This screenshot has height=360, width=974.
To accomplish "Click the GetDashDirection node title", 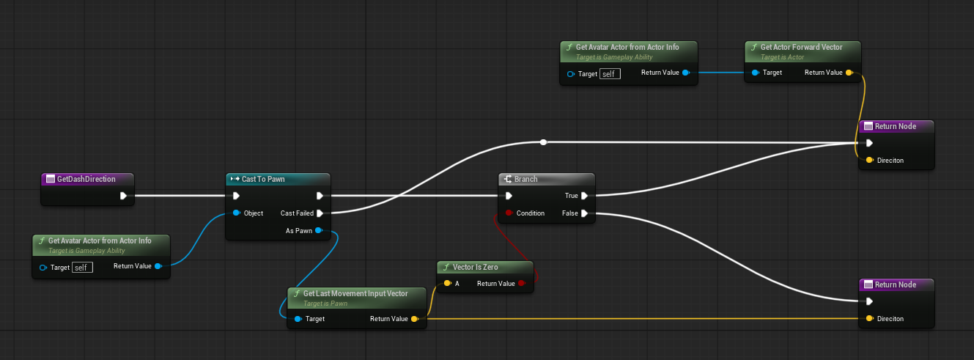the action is [86, 179].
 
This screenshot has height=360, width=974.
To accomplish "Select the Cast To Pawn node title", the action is [263, 179].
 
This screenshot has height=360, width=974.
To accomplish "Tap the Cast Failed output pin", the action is [320, 213].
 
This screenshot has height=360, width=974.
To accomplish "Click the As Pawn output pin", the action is [319, 230].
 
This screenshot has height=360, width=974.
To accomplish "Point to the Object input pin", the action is [237, 213].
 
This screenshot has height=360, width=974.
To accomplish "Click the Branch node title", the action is [525, 179].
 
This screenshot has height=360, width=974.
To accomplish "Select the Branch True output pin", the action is [584, 196].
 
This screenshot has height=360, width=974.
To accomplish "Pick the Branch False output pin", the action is [584, 213].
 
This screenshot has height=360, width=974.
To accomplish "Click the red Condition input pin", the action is [509, 213].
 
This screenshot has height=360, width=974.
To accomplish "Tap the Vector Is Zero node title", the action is [475, 267].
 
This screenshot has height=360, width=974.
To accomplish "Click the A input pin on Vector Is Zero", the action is [448, 284].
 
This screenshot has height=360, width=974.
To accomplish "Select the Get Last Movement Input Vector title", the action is [355, 293].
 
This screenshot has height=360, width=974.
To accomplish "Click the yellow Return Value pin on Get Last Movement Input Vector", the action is [415, 319].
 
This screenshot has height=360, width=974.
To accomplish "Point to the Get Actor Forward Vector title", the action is [801, 47].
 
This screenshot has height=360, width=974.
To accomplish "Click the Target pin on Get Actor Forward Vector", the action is [756, 73].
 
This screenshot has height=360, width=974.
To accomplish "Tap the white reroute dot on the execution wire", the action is [543, 142].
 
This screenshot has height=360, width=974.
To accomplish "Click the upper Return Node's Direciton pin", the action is [870, 160].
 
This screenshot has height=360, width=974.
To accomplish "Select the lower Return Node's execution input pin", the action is [869, 301].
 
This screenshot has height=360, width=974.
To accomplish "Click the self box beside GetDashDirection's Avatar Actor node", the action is [82, 268].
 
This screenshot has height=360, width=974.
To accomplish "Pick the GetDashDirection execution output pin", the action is [123, 196].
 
